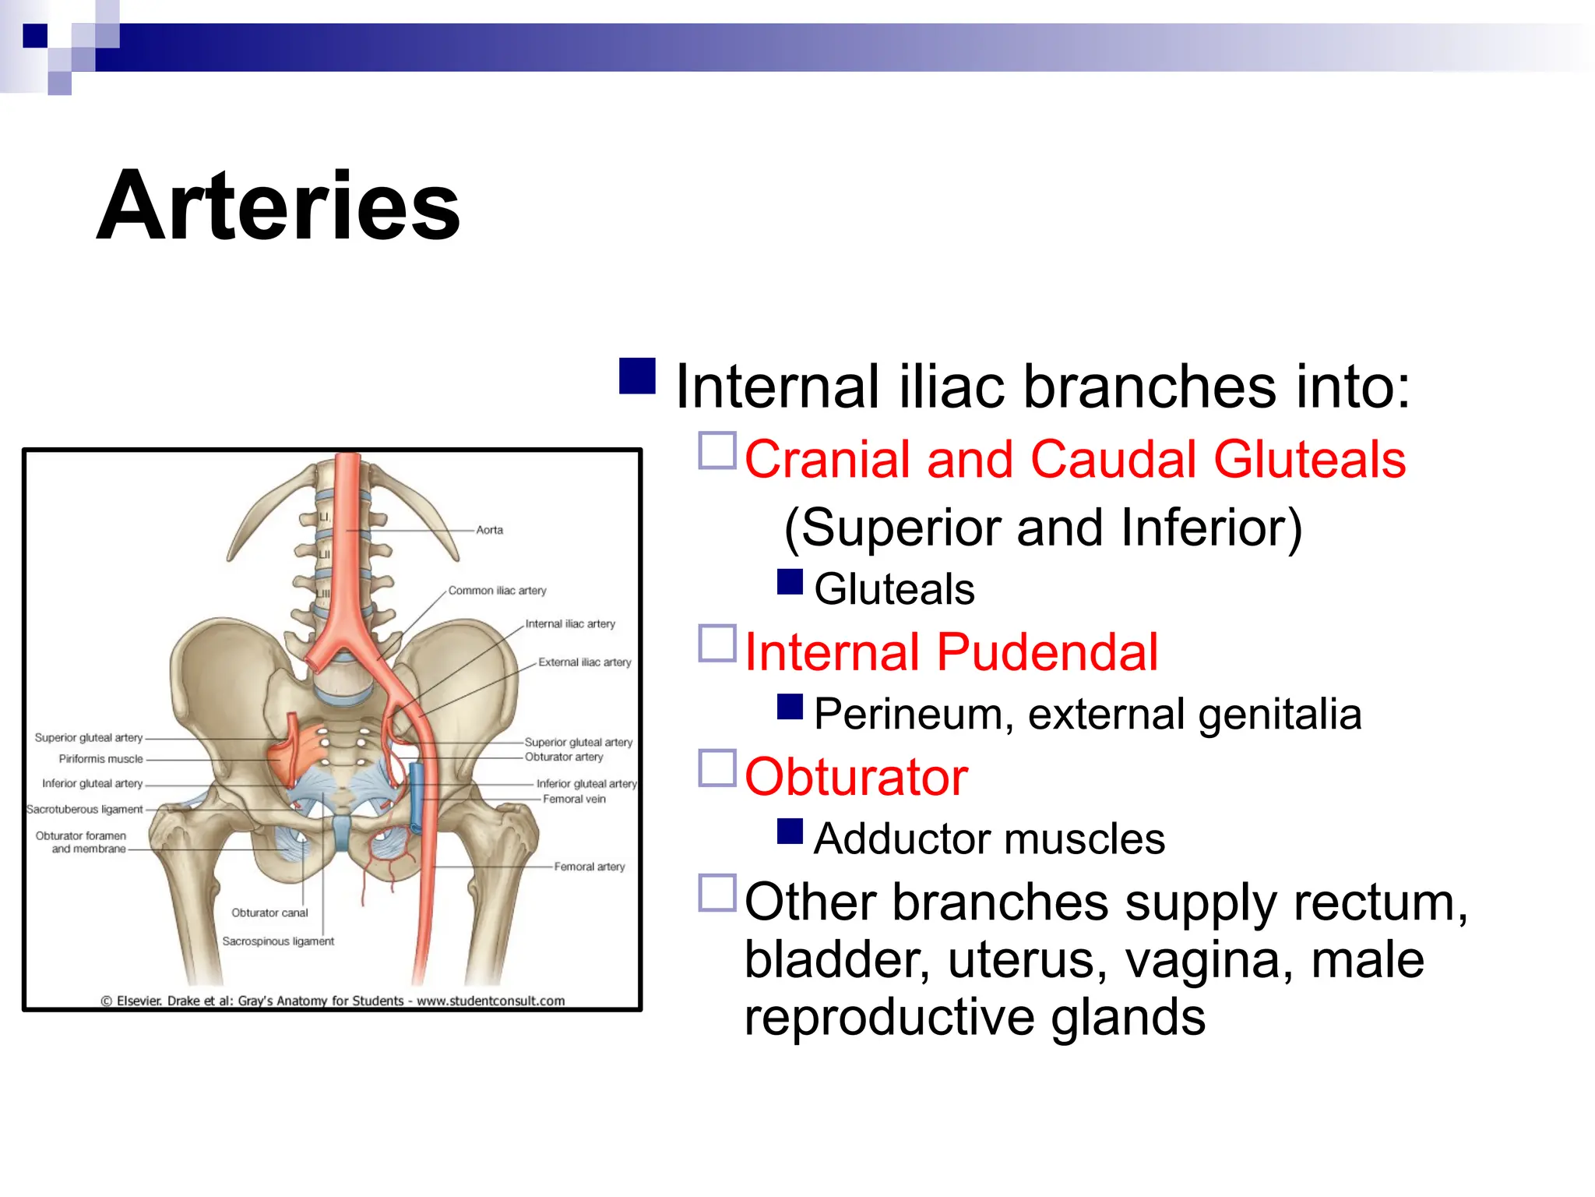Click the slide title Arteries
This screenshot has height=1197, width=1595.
(x=278, y=207)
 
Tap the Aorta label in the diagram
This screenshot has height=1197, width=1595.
(x=489, y=530)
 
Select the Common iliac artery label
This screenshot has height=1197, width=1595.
(x=497, y=591)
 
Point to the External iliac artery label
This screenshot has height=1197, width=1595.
(x=584, y=662)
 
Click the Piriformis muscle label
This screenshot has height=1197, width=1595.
(x=100, y=759)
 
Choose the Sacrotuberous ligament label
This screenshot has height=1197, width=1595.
(x=84, y=810)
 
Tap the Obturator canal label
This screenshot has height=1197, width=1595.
(x=269, y=913)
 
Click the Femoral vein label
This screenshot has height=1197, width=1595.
(x=574, y=799)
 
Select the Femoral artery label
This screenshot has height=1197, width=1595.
(x=589, y=867)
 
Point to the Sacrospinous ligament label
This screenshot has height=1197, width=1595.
(x=278, y=941)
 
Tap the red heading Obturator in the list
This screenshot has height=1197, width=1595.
(x=856, y=777)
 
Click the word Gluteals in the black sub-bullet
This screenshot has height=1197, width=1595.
(x=894, y=589)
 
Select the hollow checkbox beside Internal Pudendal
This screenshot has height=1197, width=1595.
(x=717, y=644)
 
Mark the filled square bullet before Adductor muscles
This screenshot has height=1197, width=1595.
(x=790, y=832)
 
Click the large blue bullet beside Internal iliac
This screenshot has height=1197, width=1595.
(x=637, y=376)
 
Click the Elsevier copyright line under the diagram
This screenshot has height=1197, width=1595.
(x=333, y=1001)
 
